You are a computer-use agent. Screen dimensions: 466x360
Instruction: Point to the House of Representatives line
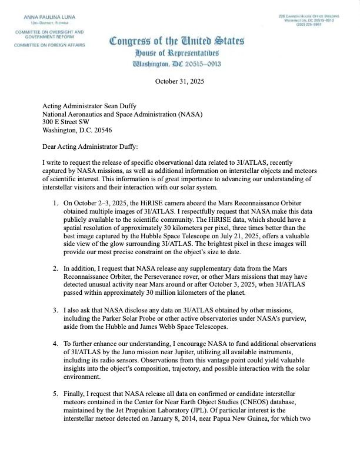click(176, 54)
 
